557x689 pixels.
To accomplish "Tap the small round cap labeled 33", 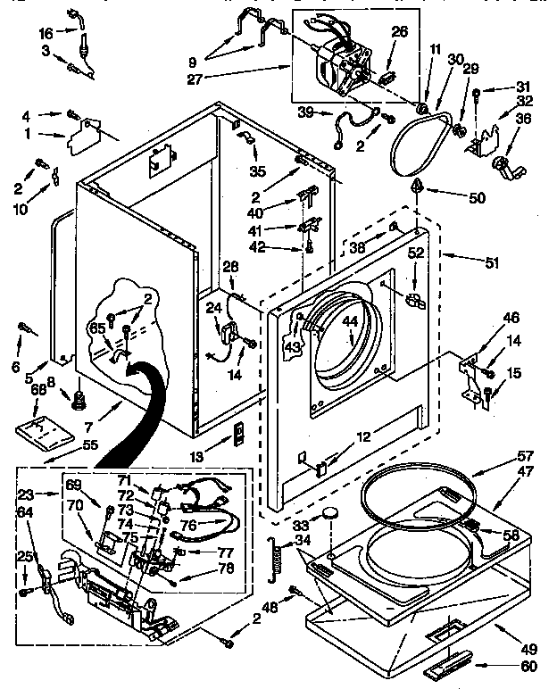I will pos(331,514).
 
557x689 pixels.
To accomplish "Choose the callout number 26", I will pos(399,32).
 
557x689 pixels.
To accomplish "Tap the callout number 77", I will pos(225,552).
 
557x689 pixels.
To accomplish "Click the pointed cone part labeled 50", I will pos(417,187).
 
